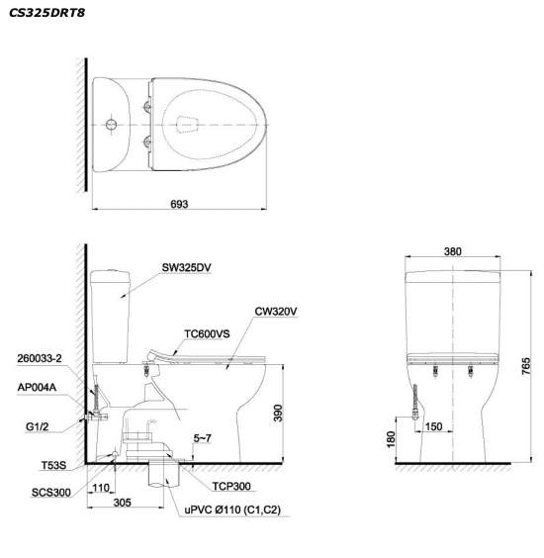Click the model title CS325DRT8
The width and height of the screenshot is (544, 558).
(x=46, y=13)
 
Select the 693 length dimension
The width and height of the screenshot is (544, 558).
(x=179, y=204)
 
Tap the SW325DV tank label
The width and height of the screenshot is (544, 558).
(x=186, y=267)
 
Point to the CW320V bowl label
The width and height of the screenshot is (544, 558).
(x=276, y=312)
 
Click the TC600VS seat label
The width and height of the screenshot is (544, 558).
(x=207, y=333)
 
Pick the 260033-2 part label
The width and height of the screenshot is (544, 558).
(x=40, y=358)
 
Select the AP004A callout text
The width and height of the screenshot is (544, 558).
(x=37, y=387)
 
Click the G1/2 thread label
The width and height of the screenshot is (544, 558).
(x=37, y=426)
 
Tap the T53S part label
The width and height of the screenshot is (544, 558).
(x=53, y=465)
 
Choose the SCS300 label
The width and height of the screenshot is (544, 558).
(x=50, y=493)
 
